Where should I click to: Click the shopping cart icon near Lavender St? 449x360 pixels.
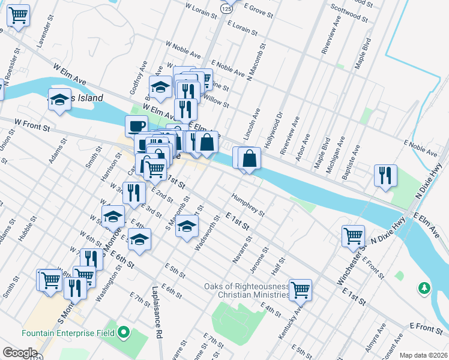click(x=19, y=16)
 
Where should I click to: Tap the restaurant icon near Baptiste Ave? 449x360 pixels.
click(x=385, y=175)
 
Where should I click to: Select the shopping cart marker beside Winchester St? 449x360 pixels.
click(x=353, y=235)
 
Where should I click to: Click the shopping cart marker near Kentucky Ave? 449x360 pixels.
click(x=300, y=289)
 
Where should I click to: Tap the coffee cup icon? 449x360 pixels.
click(x=136, y=126)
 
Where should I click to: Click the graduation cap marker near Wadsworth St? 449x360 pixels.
click(x=187, y=226)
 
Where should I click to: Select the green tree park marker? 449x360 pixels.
click(x=425, y=289)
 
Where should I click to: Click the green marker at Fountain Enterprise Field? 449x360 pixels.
click(x=124, y=331)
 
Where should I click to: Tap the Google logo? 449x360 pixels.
click(x=20, y=353)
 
